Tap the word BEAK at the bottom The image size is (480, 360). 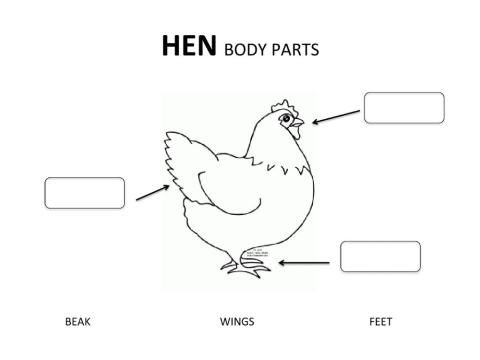tap(77, 322)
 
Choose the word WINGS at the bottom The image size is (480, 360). tap(237, 322)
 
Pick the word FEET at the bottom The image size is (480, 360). tap(380, 322)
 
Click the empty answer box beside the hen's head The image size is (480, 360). tap(403, 107)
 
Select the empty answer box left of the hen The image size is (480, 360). tap(85, 193)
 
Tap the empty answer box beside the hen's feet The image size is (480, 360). tap(380, 256)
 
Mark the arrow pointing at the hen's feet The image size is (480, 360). tap(304, 263)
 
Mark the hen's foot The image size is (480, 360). tap(240, 268)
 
